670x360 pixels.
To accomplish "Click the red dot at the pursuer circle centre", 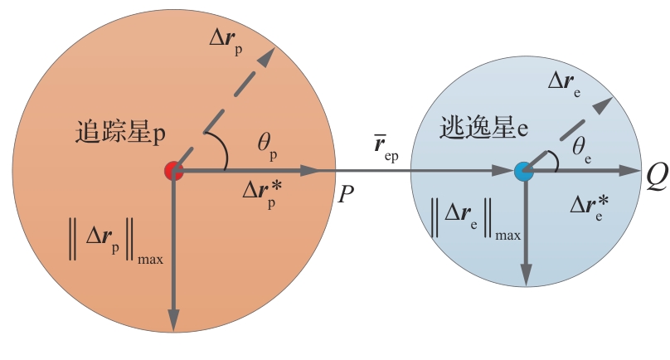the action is coord(173,171).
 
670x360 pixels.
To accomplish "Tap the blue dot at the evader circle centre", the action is coord(524,172).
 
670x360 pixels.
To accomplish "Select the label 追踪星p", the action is coord(120,132).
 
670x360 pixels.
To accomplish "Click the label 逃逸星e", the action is coord(483,128).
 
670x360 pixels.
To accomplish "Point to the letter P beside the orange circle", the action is coord(346,195).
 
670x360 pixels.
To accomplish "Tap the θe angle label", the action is coord(582,150).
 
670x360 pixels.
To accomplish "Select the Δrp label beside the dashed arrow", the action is coord(226,42).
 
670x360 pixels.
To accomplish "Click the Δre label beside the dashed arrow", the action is coord(565,84).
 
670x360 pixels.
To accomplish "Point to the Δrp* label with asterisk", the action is coord(262,194).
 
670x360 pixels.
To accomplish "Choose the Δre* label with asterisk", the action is coord(590,208).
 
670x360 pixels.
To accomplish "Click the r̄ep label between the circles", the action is coord(386,148).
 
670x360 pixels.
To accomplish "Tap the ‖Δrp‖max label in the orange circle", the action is coord(115,240).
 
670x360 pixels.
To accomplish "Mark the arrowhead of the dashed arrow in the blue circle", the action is coord(604,105).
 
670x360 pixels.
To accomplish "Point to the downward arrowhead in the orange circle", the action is coord(173,319).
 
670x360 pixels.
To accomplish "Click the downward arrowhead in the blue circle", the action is coord(527,275).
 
